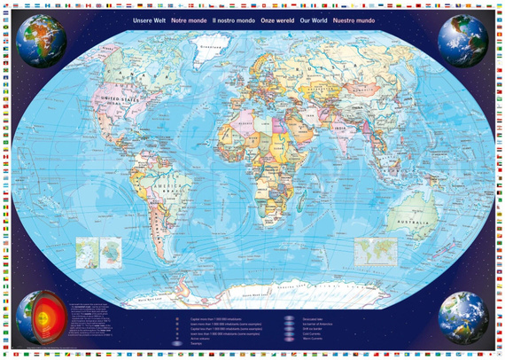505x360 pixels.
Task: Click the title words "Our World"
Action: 312,19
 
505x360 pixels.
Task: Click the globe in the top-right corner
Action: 463,39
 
